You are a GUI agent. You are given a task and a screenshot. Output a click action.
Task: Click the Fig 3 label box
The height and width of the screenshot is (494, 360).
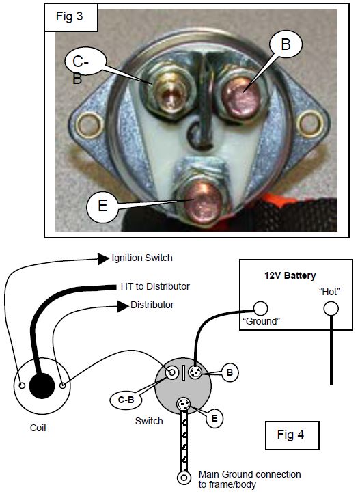point(71,17)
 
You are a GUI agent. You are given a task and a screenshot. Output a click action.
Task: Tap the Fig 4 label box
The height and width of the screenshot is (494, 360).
point(292,435)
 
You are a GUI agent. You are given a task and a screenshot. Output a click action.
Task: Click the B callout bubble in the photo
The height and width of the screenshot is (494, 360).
point(286,44)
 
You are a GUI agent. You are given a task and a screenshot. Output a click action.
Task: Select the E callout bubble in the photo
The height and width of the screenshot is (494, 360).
point(102,206)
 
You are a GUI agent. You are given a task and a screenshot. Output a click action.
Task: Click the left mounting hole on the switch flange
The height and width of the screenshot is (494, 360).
point(90,125)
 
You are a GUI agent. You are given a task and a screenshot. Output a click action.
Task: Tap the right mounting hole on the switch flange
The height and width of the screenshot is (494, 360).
point(311,124)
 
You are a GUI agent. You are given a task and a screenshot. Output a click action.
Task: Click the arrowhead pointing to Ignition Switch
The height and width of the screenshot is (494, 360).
point(103,259)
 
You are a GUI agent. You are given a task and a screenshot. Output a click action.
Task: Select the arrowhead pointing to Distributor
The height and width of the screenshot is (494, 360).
point(123,306)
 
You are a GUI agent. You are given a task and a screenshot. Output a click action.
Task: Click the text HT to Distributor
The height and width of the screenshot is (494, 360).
point(155,286)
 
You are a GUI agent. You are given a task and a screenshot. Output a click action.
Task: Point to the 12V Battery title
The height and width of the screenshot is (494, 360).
point(290,275)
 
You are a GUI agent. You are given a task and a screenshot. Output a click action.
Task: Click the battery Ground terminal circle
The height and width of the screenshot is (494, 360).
point(260,309)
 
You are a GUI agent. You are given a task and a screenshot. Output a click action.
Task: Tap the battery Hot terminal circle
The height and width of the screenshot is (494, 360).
point(331,309)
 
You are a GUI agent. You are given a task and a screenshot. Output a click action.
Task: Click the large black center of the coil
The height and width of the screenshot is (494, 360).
point(42,385)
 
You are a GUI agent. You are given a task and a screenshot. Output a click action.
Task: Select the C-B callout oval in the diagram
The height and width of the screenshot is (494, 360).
point(126,400)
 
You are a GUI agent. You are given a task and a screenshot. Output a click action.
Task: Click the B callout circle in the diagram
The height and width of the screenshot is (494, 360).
point(230,372)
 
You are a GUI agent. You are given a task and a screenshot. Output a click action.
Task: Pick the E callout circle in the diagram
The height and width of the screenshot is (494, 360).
point(214,418)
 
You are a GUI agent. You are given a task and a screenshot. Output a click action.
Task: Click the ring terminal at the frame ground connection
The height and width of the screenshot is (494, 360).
point(184,478)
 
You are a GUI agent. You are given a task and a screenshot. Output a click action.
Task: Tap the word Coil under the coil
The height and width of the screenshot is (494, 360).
point(38,428)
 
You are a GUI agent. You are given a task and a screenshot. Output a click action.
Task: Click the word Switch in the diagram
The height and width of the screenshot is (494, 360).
point(149,421)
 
